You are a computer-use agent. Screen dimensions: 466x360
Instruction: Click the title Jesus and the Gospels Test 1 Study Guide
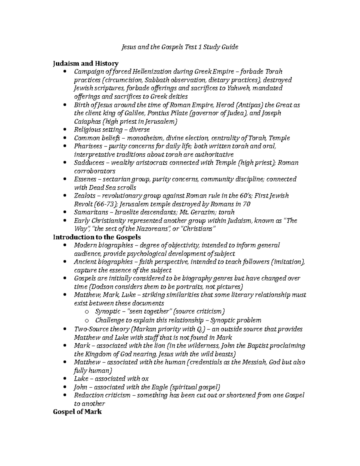(179, 47)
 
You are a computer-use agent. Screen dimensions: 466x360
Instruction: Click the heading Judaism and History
(85, 63)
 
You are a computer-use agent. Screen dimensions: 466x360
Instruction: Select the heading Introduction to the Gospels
(97, 237)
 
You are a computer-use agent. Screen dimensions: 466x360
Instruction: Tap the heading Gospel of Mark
(77, 412)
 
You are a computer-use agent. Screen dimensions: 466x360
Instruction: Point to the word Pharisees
(85, 146)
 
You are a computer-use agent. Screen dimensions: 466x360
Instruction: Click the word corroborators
(94, 171)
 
